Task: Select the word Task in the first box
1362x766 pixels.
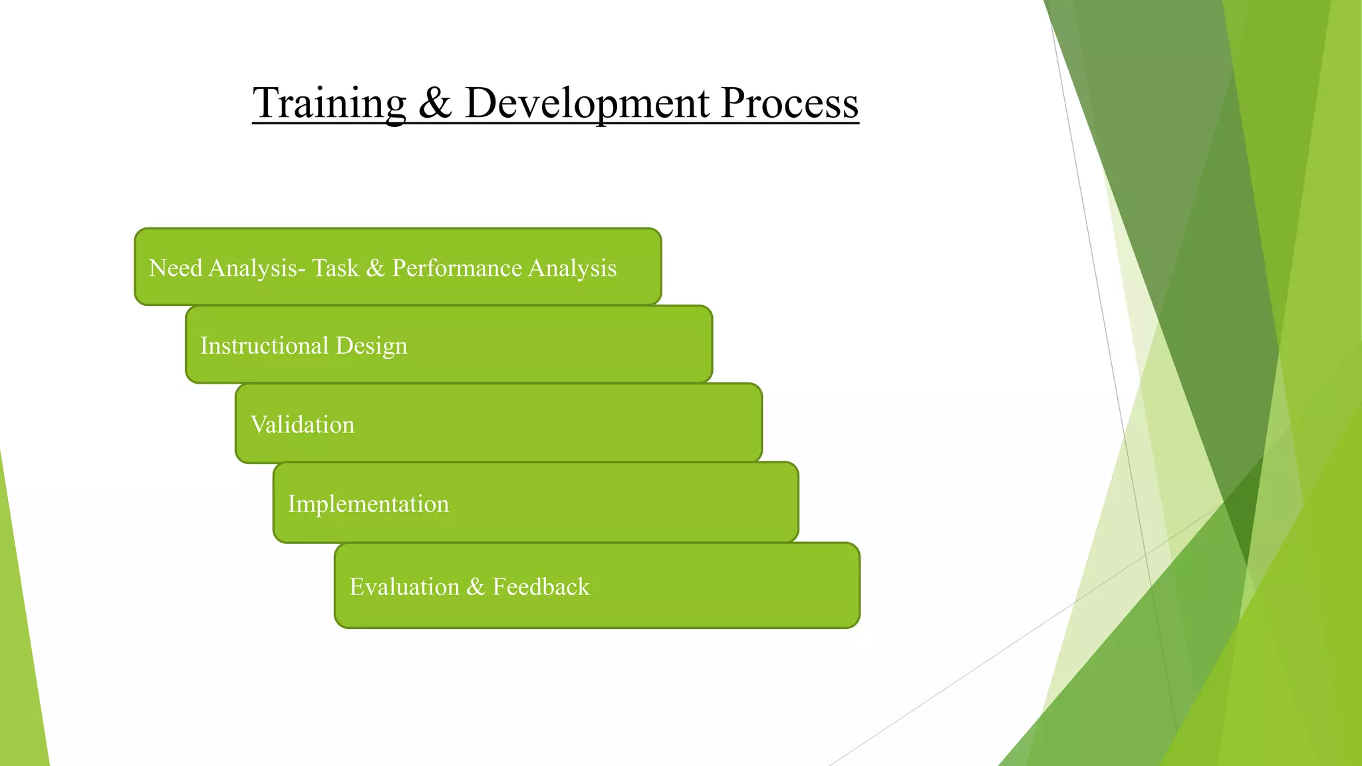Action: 335,268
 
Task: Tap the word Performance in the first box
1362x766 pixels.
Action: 457,268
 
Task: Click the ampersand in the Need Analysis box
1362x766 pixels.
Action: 375,268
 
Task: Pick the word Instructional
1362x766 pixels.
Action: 264,346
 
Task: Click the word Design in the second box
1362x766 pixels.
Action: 371,346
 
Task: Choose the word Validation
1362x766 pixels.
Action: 302,424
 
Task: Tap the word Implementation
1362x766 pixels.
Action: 368,504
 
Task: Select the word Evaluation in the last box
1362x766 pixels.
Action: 404,586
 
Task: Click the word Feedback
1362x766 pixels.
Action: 541,586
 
